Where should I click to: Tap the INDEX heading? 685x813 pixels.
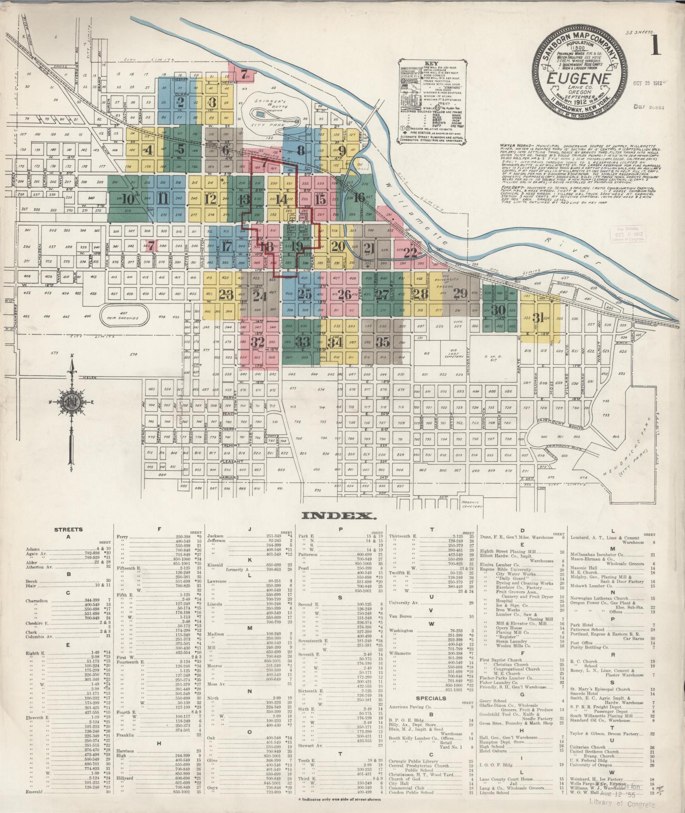click(x=339, y=516)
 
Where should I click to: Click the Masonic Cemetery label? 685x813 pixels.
click(x=471, y=504)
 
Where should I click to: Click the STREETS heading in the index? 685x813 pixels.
click(x=68, y=530)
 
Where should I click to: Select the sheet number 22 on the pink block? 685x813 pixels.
click(x=411, y=252)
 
